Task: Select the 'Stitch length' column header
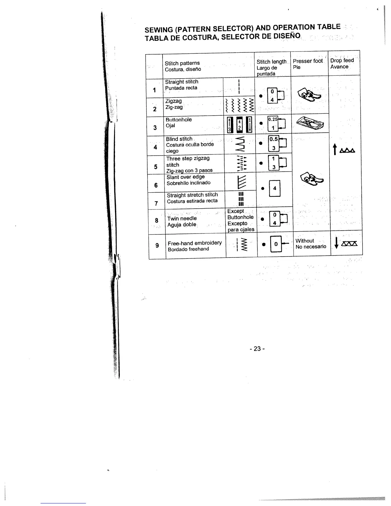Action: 272,62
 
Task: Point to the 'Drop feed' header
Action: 342,60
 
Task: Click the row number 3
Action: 155,128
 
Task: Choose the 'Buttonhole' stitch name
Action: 179,120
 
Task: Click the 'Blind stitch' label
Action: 179,139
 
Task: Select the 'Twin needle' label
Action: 182,218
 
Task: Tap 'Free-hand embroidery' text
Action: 195,243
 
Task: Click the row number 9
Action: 157,245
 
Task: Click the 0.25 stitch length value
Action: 273,119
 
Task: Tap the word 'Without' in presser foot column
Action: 305,241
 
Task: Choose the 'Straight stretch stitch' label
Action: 192,195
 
